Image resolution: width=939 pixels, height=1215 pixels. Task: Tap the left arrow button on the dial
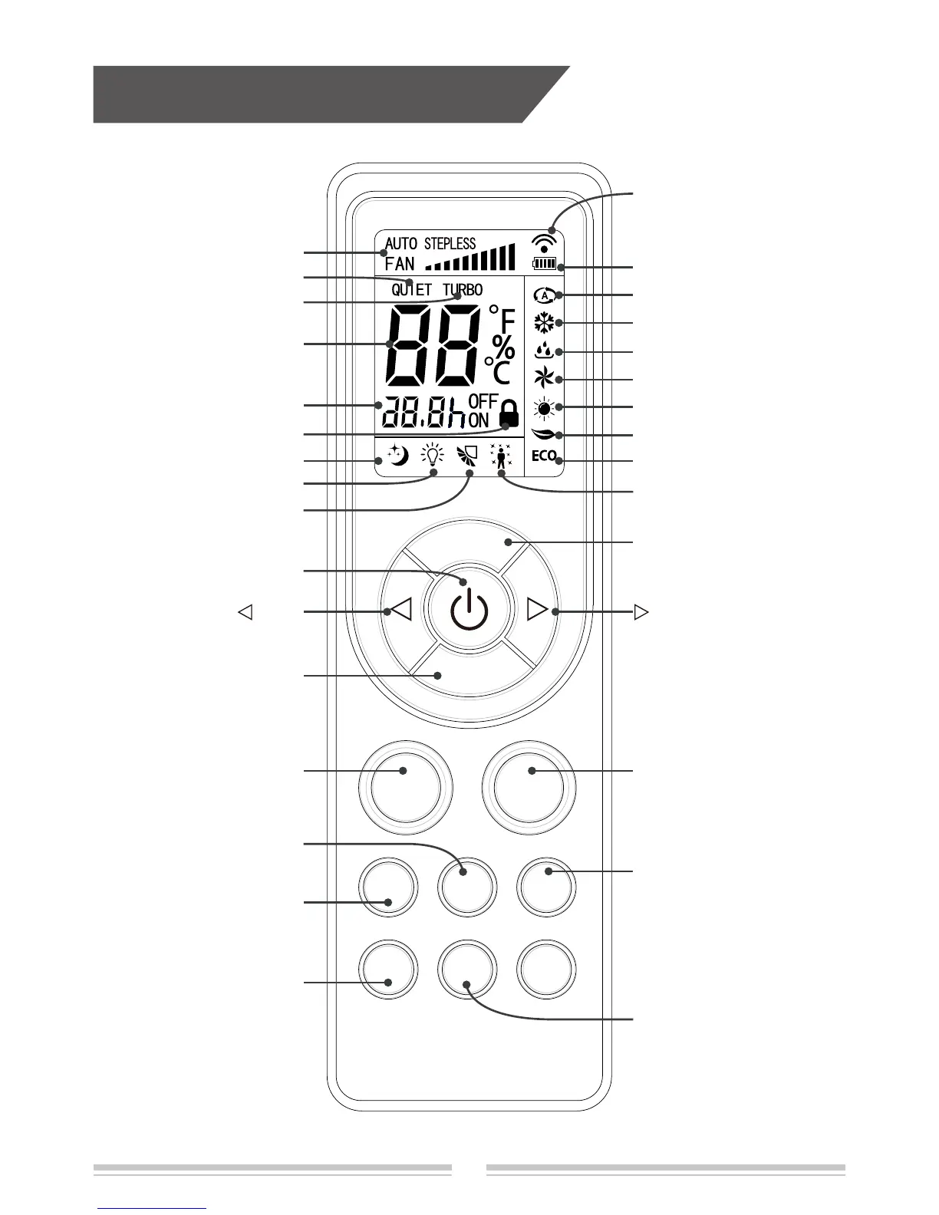click(402, 611)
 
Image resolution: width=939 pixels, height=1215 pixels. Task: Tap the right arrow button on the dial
click(539, 611)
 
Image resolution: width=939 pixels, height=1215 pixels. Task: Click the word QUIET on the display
click(412, 290)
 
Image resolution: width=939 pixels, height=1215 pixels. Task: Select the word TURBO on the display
click(463, 290)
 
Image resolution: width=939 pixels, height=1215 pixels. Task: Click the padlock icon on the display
click(508, 415)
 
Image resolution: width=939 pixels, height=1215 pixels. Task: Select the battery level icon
click(544, 265)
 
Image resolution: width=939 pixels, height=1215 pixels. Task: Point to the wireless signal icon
click(544, 245)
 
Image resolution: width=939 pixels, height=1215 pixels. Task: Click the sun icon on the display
click(544, 407)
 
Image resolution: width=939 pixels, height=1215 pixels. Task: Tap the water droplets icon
click(544, 351)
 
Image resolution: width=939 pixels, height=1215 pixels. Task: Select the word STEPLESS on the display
click(450, 244)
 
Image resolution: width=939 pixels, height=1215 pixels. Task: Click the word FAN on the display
click(400, 263)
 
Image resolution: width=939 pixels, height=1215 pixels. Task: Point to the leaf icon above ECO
click(544, 435)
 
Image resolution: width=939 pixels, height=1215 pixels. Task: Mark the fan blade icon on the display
click(544, 378)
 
